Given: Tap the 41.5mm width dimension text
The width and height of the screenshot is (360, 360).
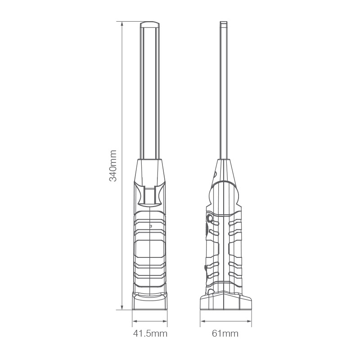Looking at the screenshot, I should (x=150, y=333).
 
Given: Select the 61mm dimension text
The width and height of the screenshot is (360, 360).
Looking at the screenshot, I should (x=225, y=333).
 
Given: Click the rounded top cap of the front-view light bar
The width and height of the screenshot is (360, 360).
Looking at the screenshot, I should (x=150, y=24).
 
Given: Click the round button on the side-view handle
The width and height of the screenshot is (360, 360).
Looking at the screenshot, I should (x=210, y=219).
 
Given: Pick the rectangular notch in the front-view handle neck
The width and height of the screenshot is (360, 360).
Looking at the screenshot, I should (x=150, y=195).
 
